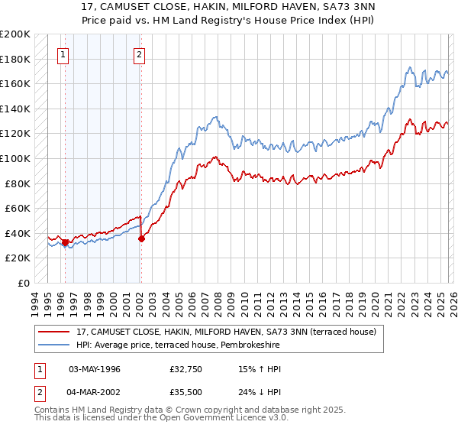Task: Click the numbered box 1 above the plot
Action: point(62,54)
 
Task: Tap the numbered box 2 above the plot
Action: point(140,54)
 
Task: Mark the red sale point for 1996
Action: point(66,242)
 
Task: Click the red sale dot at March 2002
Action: point(141,238)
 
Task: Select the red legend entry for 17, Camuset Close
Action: point(226,332)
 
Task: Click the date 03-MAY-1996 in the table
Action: point(95,369)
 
